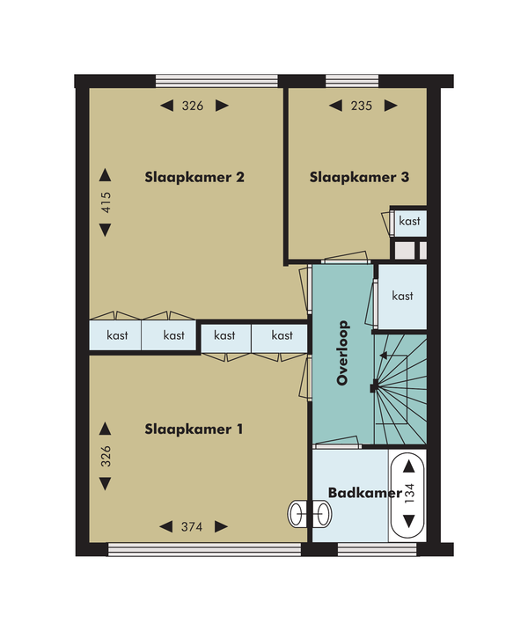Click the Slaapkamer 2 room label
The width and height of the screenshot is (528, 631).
[194, 177]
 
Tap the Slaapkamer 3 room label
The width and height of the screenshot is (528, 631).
[359, 177]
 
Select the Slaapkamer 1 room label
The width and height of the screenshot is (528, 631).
[194, 429]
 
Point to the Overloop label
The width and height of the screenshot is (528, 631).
[343, 353]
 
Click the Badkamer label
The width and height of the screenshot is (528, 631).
[365, 493]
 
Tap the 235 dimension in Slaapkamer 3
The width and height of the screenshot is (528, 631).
[362, 106]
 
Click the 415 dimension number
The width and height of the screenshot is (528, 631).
[106, 202]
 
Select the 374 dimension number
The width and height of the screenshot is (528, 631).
[192, 527]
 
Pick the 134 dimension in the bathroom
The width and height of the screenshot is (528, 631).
[409, 494]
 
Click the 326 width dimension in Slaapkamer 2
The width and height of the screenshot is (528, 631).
[193, 106]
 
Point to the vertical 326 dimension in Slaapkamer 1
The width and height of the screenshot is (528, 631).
[106, 456]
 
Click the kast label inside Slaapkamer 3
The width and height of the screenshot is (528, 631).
[410, 221]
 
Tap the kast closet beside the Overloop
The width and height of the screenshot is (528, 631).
[402, 297]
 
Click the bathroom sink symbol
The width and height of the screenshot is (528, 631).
[310, 514]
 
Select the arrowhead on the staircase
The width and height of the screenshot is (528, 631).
[384, 355]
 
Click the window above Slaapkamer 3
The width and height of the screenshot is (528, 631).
[352, 81]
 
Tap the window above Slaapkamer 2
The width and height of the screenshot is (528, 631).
[216, 81]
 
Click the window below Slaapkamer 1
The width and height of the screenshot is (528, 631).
[204, 550]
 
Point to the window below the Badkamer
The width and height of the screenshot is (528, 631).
[378, 550]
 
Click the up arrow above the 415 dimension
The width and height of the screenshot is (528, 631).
[105, 175]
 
